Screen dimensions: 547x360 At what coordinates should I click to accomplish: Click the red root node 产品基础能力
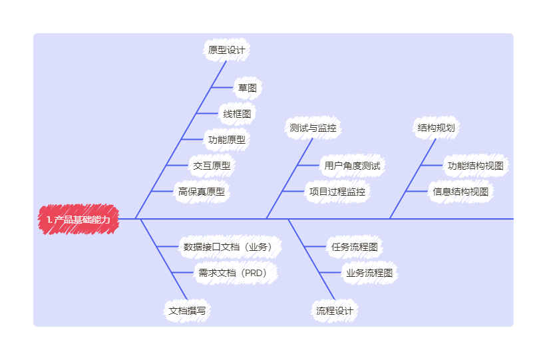click(79, 220)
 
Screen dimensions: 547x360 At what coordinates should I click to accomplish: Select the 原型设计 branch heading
click(227, 50)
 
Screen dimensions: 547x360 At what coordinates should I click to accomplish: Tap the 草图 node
click(248, 88)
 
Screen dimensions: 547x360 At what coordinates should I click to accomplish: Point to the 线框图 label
click(237, 114)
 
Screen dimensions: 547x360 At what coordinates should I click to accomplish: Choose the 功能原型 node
click(227, 140)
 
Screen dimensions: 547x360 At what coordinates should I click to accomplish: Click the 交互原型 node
click(212, 165)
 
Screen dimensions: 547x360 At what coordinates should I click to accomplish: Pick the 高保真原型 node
click(202, 192)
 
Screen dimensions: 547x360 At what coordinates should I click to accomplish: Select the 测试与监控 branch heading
click(313, 128)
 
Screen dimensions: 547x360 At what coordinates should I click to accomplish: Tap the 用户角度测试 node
click(352, 165)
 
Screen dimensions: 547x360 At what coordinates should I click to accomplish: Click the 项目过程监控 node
click(337, 192)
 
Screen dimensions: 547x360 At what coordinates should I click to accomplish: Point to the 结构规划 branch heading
click(436, 128)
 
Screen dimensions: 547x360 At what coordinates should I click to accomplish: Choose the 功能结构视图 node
click(476, 165)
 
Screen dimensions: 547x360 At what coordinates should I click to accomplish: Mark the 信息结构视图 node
click(460, 192)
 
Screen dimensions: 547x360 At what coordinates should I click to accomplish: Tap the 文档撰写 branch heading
click(187, 311)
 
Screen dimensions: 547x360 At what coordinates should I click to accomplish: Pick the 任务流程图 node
click(355, 247)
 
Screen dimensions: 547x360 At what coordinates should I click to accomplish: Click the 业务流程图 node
click(369, 273)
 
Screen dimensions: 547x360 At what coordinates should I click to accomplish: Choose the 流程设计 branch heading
click(335, 311)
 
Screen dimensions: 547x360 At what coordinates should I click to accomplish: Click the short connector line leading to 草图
click(222, 87)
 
